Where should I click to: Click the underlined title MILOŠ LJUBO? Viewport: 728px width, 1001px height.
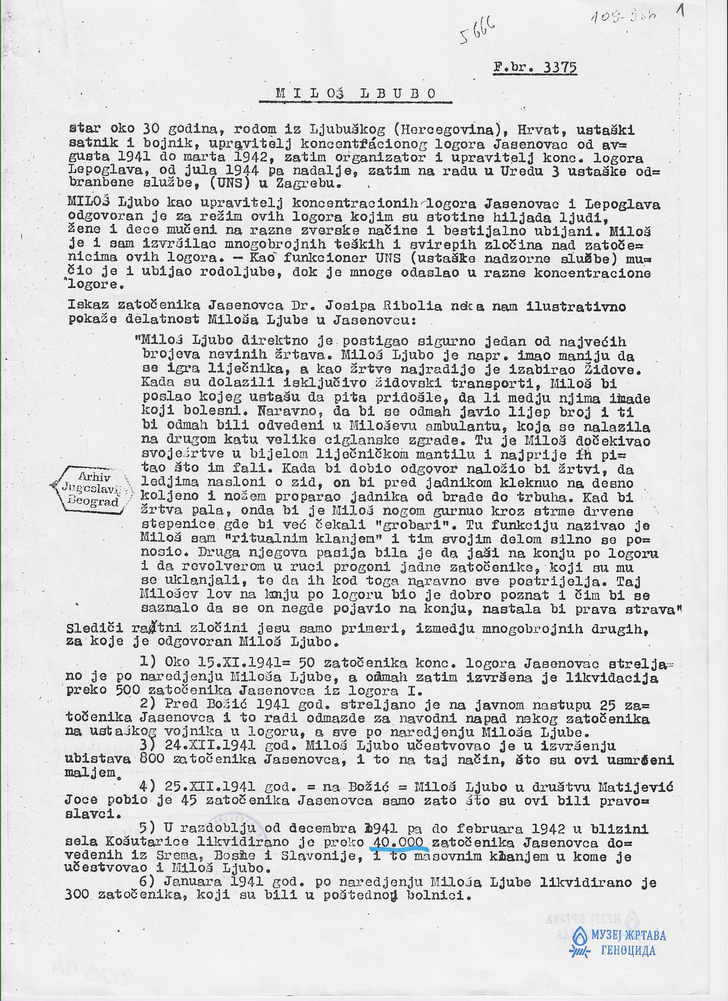356,94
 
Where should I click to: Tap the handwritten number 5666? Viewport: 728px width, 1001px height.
478,32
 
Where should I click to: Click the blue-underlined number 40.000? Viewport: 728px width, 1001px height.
399,843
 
